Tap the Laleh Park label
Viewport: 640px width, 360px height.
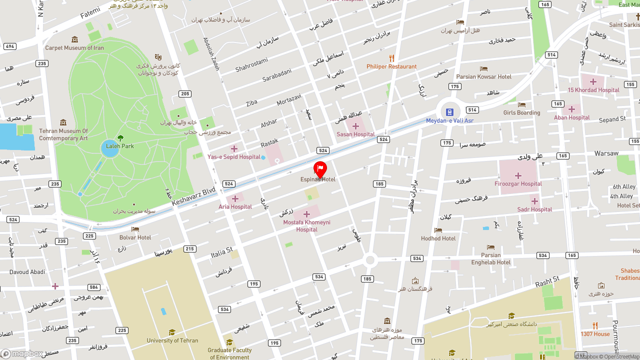120,146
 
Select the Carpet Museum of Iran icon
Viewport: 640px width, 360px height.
74,39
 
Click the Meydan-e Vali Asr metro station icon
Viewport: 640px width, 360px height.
449,112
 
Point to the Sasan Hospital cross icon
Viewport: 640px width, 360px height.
355,126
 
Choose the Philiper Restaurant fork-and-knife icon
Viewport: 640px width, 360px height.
391,58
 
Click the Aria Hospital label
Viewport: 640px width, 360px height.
235,206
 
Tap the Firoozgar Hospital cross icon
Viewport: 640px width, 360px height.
518,175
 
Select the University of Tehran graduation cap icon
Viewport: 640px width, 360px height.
172,332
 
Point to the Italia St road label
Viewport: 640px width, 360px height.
222,253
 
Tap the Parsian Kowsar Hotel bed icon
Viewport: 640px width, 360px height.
483,68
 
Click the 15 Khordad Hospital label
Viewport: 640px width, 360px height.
593,90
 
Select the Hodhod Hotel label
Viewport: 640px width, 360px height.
438,238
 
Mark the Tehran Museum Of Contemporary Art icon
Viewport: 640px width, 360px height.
63,122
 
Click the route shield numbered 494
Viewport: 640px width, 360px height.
9,46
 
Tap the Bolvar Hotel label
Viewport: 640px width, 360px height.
135,237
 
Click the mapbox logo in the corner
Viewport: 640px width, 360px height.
22,353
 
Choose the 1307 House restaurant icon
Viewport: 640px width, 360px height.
595,325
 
